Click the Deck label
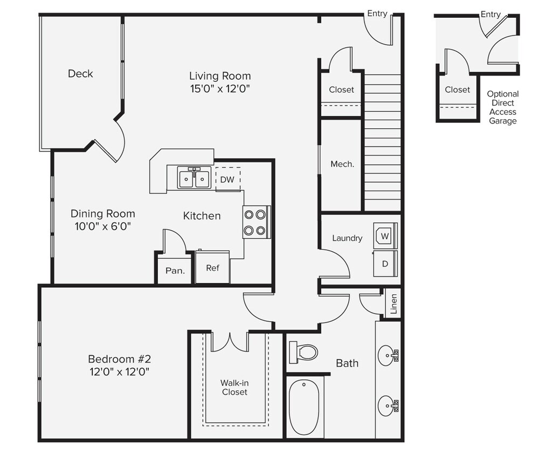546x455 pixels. (x=80, y=74)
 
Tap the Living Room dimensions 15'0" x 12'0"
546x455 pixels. (x=220, y=88)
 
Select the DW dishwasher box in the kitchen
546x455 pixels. (x=227, y=180)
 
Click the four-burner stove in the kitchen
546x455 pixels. (x=255, y=222)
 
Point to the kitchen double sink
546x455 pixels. (x=194, y=178)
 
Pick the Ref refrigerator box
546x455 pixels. (x=212, y=268)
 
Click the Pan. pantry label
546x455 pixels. (x=175, y=271)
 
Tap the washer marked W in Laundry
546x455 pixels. (x=385, y=236)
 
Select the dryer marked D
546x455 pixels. (x=385, y=264)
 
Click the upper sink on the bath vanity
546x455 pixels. (x=386, y=356)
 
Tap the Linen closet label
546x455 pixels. (x=393, y=305)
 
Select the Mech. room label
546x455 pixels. (x=342, y=164)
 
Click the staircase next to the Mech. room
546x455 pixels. (x=383, y=143)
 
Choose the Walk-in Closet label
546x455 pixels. (x=234, y=387)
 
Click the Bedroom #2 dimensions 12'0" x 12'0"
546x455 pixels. (x=119, y=371)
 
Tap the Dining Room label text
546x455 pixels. (x=103, y=213)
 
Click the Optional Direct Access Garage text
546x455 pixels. (x=502, y=107)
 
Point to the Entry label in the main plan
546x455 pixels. (x=377, y=13)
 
